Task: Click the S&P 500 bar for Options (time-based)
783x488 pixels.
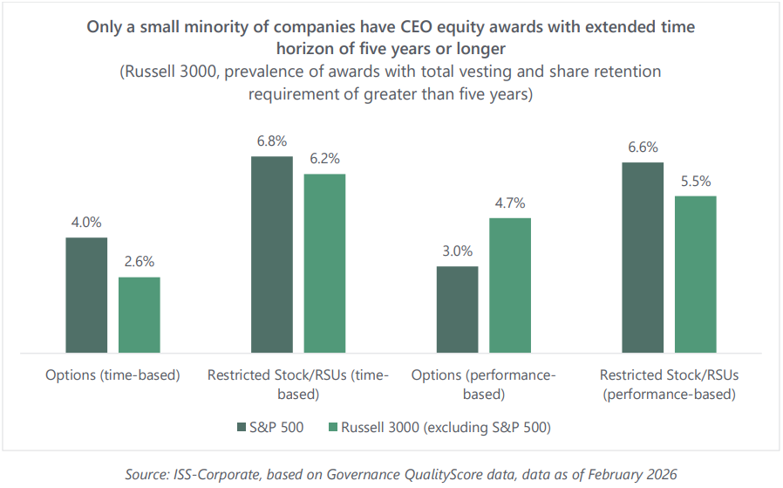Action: pyautogui.click(x=86, y=295)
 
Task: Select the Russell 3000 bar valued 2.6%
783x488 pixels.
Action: pyautogui.click(x=140, y=315)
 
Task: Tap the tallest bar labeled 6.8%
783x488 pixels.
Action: pyautogui.click(x=272, y=255)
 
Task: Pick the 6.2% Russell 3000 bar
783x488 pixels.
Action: pyautogui.click(x=324, y=264)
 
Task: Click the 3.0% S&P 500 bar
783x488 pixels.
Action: pyautogui.click(x=457, y=310)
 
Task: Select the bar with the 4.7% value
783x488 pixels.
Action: pyautogui.click(x=510, y=285)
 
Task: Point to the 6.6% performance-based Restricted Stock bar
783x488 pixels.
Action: pyautogui.click(x=643, y=258)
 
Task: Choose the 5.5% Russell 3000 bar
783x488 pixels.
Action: pyautogui.click(x=695, y=274)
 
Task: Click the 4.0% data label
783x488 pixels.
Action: pyautogui.click(x=86, y=223)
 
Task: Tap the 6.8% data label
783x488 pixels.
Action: pyautogui.click(x=272, y=141)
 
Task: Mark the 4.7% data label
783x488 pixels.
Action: pyautogui.click(x=510, y=203)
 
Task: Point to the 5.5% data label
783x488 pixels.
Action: pyautogui.click(x=695, y=181)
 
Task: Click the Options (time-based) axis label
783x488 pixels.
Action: pyautogui.click(x=112, y=375)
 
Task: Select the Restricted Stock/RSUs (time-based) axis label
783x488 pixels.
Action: pyautogui.click(x=298, y=384)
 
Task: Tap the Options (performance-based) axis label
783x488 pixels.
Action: pyautogui.click(x=483, y=384)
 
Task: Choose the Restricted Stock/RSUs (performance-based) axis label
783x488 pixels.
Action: pyautogui.click(x=669, y=384)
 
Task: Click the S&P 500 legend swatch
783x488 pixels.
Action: pyautogui.click(x=242, y=427)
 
